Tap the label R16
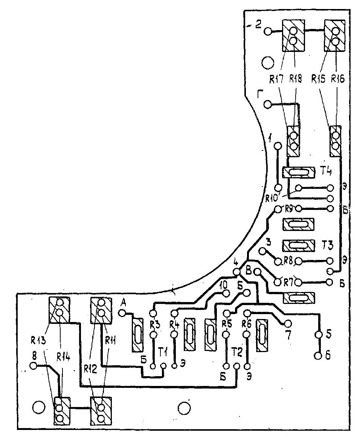[x=338, y=79]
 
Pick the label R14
[x=64, y=355]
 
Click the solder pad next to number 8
[x=34, y=366]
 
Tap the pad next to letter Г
[x=268, y=104]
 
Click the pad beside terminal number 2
[x=268, y=31]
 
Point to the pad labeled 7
[x=288, y=324]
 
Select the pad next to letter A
[x=122, y=313]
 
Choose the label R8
[x=288, y=260]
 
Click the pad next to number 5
[x=318, y=334]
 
